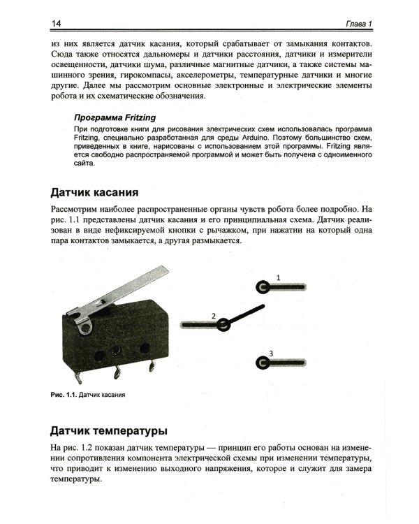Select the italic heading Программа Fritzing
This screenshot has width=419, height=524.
click(x=115, y=118)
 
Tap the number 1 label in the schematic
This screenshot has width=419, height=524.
click(x=277, y=277)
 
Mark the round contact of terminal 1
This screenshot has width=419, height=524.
click(x=263, y=287)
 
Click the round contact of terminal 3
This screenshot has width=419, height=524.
click(x=263, y=362)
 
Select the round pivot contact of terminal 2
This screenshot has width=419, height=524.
click(x=223, y=325)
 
